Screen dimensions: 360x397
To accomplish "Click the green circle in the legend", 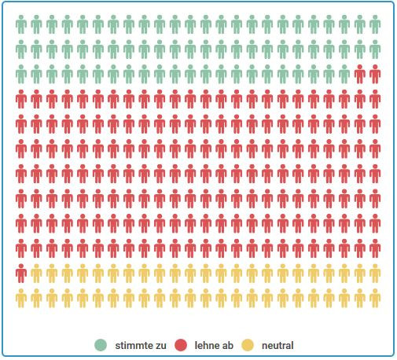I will (x=101, y=345).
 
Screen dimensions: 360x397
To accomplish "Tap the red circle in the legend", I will (x=181, y=345).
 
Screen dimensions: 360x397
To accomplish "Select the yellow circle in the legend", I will (x=248, y=345).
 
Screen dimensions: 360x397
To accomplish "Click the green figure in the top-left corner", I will (x=21, y=24).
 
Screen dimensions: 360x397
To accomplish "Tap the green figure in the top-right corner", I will (x=375, y=24).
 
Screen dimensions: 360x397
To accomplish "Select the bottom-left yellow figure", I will (x=21, y=299).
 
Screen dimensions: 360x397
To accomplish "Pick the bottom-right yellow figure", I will (x=375, y=299).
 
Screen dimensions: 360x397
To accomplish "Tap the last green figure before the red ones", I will (x=344, y=75).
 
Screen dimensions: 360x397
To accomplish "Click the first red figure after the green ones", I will (x=360, y=75).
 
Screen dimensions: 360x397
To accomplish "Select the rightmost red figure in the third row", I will (x=375, y=75).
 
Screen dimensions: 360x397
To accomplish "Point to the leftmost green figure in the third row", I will (x=21, y=75).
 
